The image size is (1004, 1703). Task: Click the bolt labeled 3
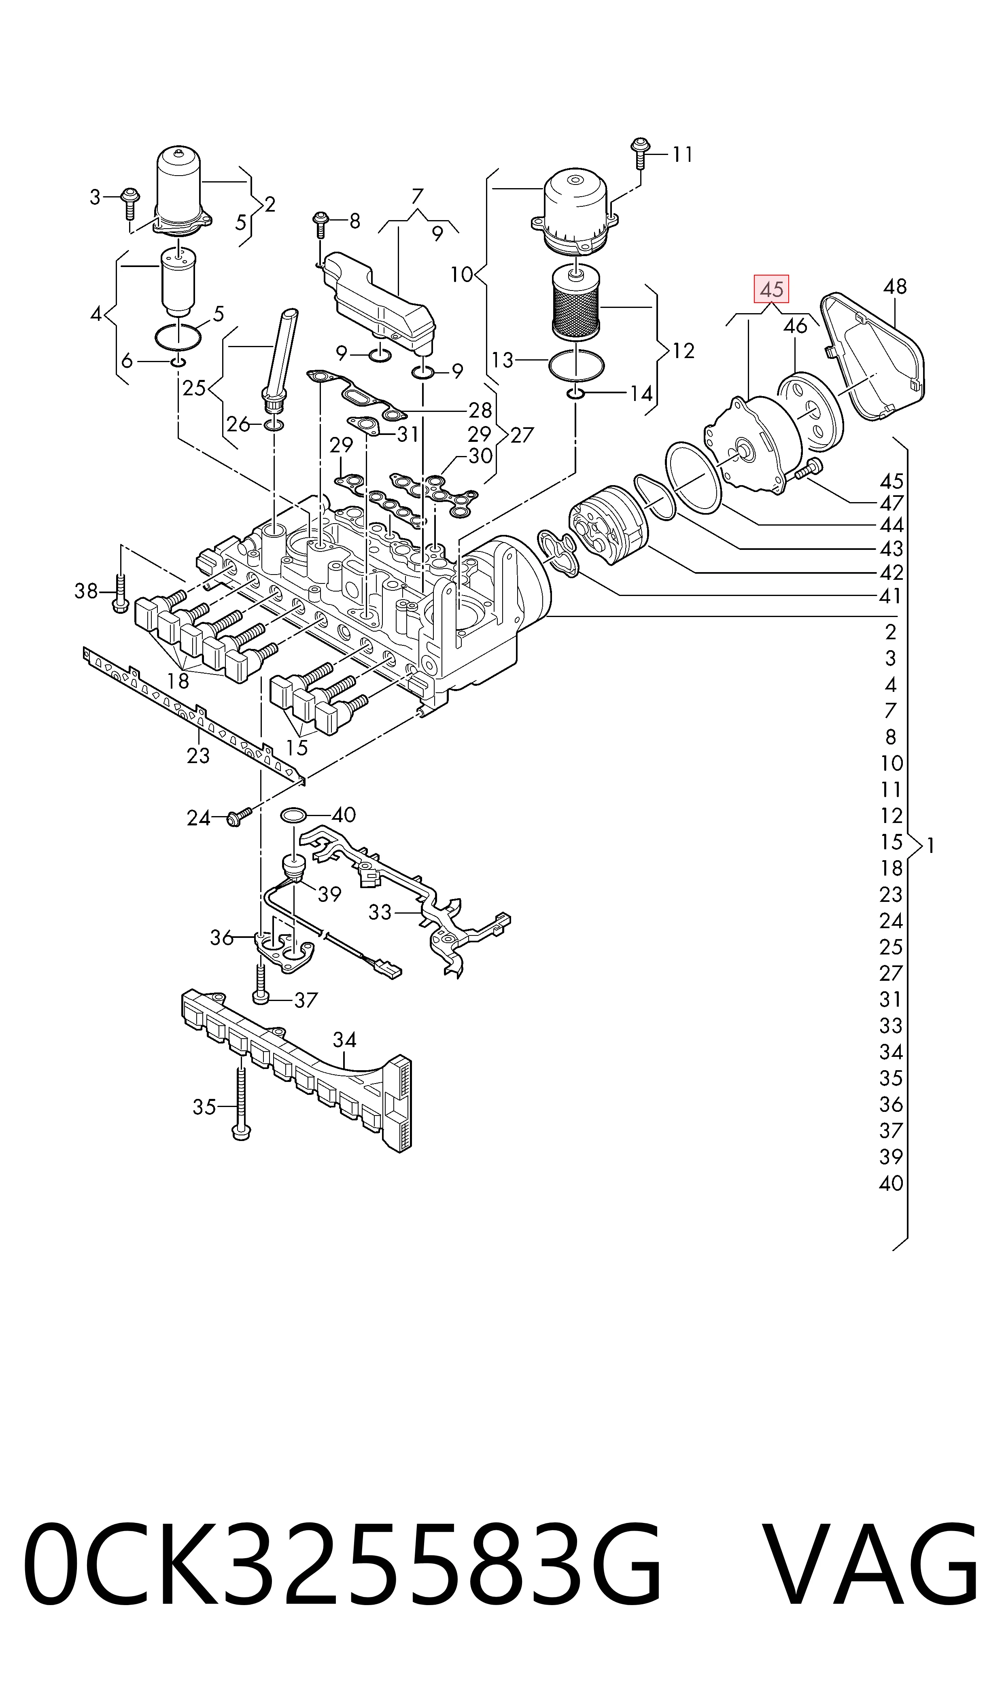[129, 202]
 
